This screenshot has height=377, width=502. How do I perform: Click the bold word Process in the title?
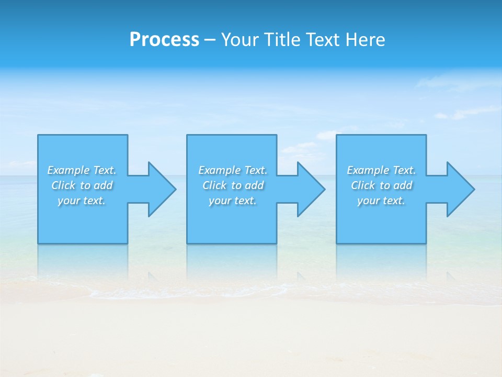pos(164,40)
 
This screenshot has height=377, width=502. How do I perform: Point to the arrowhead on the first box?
pos(162,189)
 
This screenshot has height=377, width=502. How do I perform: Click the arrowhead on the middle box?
pos(311,189)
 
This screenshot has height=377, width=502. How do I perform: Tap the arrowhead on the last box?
pos(460,189)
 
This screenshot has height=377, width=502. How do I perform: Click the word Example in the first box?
pos(69,170)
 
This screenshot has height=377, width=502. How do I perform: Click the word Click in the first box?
pos(63,185)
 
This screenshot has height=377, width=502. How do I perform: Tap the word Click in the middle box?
pos(214,185)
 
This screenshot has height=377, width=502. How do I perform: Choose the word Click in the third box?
pos(363,185)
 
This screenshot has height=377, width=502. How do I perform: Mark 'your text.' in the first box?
pos(82,201)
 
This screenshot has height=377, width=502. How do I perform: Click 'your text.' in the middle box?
pos(233,201)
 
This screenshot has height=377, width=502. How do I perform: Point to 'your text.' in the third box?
pos(381,201)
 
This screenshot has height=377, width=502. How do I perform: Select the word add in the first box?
pos(104,185)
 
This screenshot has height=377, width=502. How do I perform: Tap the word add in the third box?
pos(403,185)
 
